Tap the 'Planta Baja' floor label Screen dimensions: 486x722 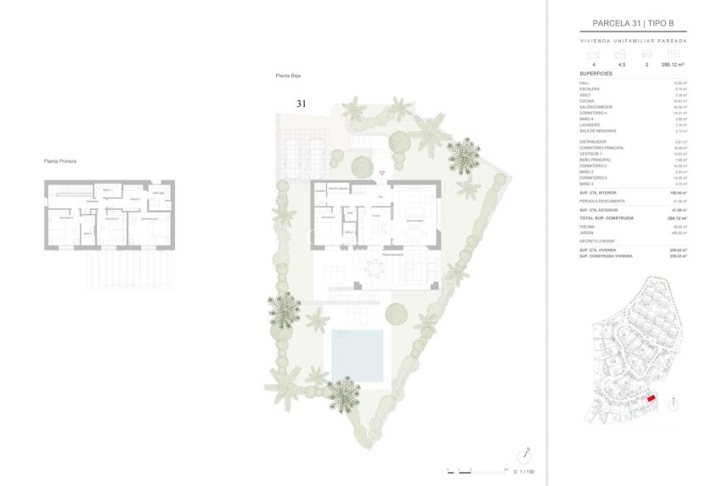click(x=289, y=76)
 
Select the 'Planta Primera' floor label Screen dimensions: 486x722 click(x=61, y=160)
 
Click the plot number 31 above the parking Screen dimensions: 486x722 click(x=301, y=104)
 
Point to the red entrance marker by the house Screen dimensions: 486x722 click(x=381, y=173)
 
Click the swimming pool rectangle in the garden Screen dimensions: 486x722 click(x=357, y=354)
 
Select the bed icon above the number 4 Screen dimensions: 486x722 click(x=593, y=54)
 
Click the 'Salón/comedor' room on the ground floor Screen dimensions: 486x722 click(x=414, y=220)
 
